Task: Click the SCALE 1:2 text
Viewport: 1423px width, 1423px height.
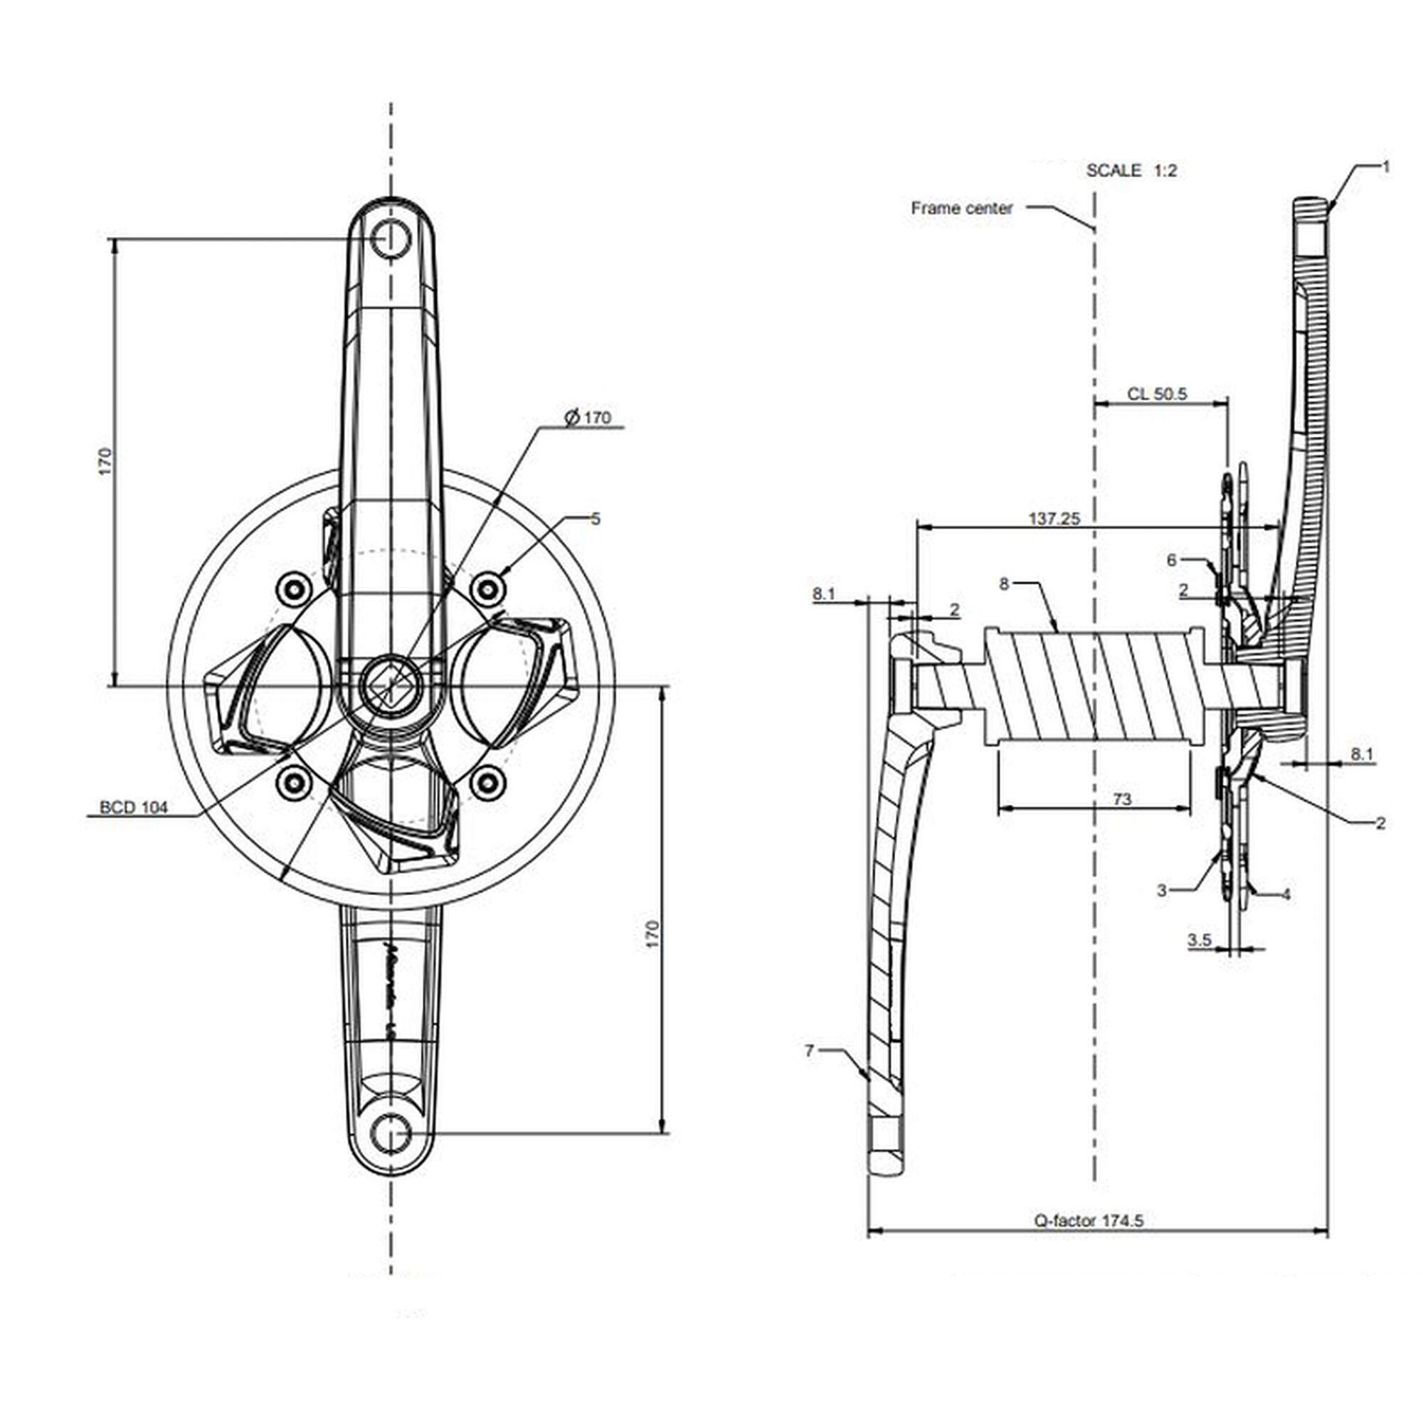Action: tap(1131, 171)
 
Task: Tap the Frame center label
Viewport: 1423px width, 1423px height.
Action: tap(962, 208)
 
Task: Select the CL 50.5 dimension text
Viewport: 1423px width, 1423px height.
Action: tap(1157, 394)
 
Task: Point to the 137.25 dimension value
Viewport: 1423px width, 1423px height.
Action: tap(1054, 519)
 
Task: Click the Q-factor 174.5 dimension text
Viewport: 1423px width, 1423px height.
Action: tap(1089, 1220)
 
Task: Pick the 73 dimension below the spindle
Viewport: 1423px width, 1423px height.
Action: tap(1121, 799)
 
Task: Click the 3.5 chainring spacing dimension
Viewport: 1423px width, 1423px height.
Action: tap(1199, 940)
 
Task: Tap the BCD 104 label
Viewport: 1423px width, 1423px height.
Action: tap(133, 808)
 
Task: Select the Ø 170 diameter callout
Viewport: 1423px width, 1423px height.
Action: tap(588, 418)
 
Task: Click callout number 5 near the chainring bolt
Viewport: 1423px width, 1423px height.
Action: tap(596, 519)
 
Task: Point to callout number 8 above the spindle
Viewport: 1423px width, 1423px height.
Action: tap(1004, 584)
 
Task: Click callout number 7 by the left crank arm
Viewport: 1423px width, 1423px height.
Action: tap(810, 1051)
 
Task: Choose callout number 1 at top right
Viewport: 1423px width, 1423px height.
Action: tap(1385, 167)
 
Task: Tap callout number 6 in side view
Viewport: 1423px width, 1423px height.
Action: tap(1172, 561)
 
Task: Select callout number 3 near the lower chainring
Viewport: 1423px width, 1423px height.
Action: tap(1163, 891)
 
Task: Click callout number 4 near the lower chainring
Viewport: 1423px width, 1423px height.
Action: tap(1286, 894)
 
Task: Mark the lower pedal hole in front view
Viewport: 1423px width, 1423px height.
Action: tap(391, 1133)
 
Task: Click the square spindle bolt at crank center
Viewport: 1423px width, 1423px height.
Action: tap(391, 686)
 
